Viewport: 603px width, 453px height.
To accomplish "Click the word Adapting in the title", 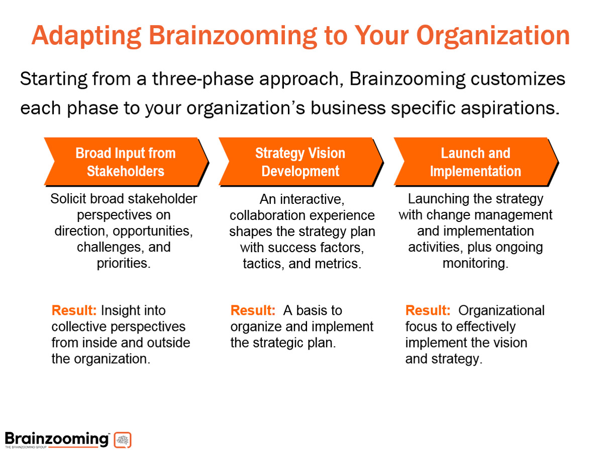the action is click(86, 36).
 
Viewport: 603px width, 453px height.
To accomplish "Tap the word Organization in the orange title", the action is click(493, 36).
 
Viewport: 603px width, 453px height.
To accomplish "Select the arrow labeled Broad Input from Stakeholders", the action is click(126, 162).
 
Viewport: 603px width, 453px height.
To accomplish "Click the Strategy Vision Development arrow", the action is click(301, 162).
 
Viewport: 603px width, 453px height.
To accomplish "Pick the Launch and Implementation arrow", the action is click(476, 162).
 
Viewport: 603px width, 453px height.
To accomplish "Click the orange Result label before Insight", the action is click(74, 310).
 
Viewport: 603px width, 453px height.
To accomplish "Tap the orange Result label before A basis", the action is click(253, 310).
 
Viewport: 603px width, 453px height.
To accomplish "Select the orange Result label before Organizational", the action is click(428, 310).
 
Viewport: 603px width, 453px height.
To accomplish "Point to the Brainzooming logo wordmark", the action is click(57, 439).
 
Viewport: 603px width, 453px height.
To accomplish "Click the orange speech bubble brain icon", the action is click(123, 440).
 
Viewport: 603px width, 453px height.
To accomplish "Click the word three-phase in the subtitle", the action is click(203, 79).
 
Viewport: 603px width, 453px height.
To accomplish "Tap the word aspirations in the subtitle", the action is click(510, 108).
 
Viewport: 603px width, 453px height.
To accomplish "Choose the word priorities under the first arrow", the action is click(124, 263).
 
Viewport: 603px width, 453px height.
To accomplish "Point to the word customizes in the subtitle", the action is click(518, 79).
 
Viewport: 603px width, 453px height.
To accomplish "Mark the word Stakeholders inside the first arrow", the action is click(126, 171).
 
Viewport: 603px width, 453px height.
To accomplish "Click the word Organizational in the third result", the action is click(501, 311).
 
